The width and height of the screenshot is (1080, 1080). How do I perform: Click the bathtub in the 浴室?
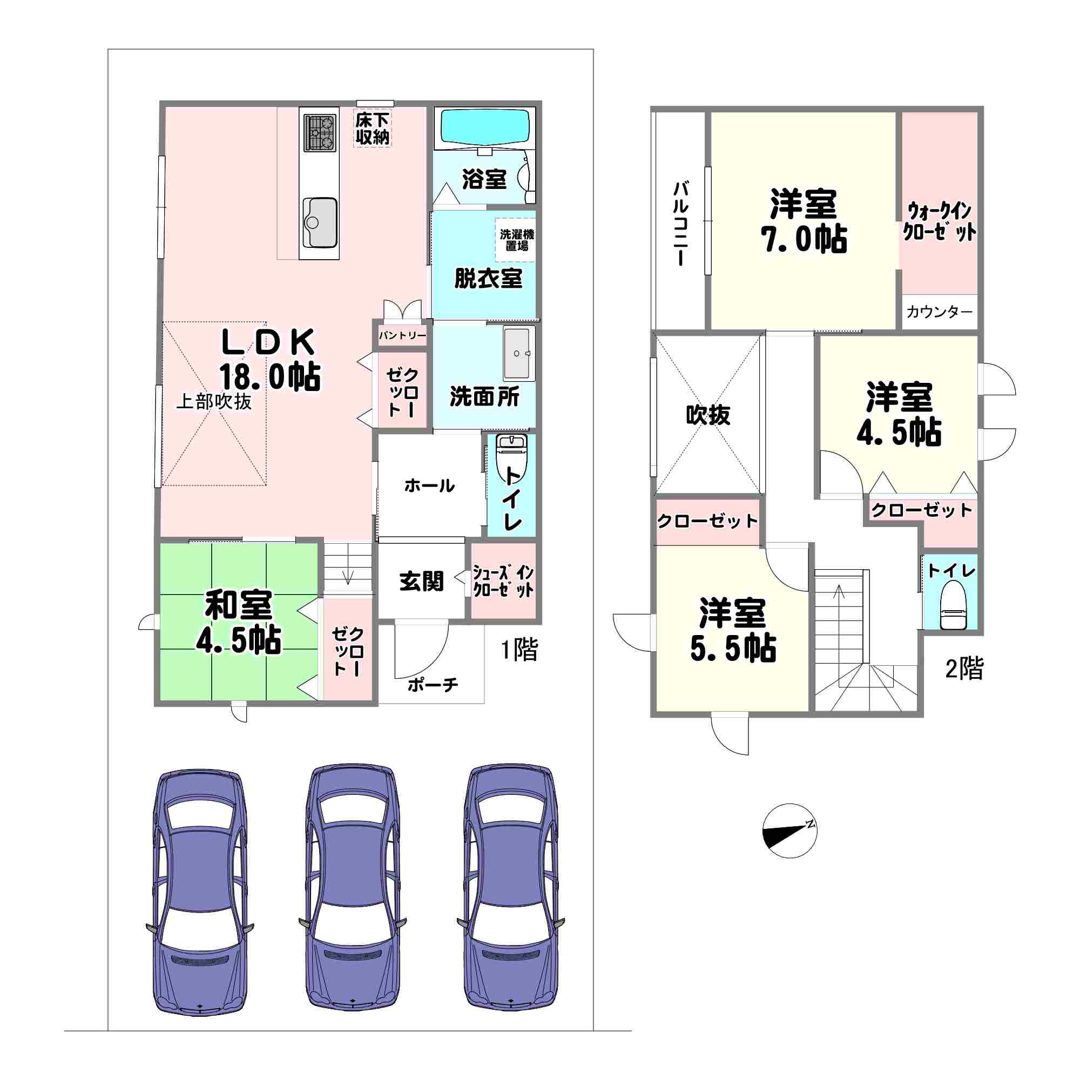coord(485,127)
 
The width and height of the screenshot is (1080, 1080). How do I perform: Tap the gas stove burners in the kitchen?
coord(320,133)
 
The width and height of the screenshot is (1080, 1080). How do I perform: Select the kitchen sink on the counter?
coord(320,222)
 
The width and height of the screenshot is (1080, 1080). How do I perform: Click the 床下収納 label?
coord(372,129)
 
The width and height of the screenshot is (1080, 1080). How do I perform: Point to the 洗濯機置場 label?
coord(517,240)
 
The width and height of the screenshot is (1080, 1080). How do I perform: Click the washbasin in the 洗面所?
coord(519,353)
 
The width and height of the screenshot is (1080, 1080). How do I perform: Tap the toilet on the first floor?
coord(511,457)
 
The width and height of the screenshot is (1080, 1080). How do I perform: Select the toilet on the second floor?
coord(953,605)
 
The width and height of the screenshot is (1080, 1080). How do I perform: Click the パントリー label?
coord(402,335)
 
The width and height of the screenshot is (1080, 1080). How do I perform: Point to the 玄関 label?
coord(421,582)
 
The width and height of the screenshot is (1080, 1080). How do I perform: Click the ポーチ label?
coord(433,684)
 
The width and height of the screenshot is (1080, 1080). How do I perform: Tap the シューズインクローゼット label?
coord(503,582)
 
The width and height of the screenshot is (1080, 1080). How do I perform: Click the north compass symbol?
coord(789,831)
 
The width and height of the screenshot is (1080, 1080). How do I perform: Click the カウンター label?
coord(939,312)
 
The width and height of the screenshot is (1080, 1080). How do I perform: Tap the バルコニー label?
coord(680,223)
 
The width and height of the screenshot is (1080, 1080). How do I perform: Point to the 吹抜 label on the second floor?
coord(708,415)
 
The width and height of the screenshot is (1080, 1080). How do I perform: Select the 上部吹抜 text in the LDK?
coord(213,401)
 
